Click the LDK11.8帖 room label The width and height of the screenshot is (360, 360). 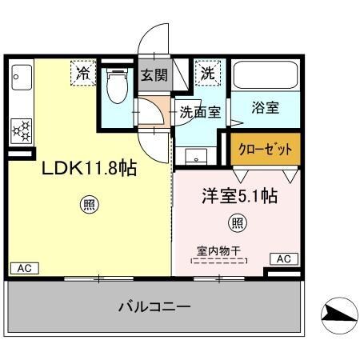pos(88,169)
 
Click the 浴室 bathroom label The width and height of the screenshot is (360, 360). pos(265,108)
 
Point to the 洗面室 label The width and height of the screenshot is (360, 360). pos(199,113)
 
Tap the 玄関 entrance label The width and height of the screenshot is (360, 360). pos(154,77)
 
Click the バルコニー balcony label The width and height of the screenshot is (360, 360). pos(154,306)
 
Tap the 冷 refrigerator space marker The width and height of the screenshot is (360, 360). pos(83,73)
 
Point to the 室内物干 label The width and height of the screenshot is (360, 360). pos(219,250)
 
